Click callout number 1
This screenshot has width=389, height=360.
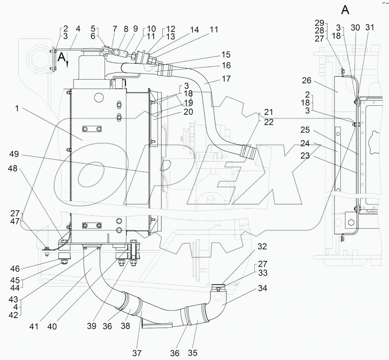(x=17, y=108)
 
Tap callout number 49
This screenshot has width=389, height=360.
(x=14, y=154)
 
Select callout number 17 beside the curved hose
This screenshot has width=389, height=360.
(x=226, y=79)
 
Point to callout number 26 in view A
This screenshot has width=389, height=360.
(x=307, y=80)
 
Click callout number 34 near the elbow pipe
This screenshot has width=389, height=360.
(x=263, y=288)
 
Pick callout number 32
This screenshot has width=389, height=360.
(x=262, y=246)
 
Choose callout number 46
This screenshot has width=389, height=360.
(x=15, y=269)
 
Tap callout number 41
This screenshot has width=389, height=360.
(x=34, y=327)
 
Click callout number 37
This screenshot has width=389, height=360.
(x=137, y=353)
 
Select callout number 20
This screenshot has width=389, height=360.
(x=188, y=112)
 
